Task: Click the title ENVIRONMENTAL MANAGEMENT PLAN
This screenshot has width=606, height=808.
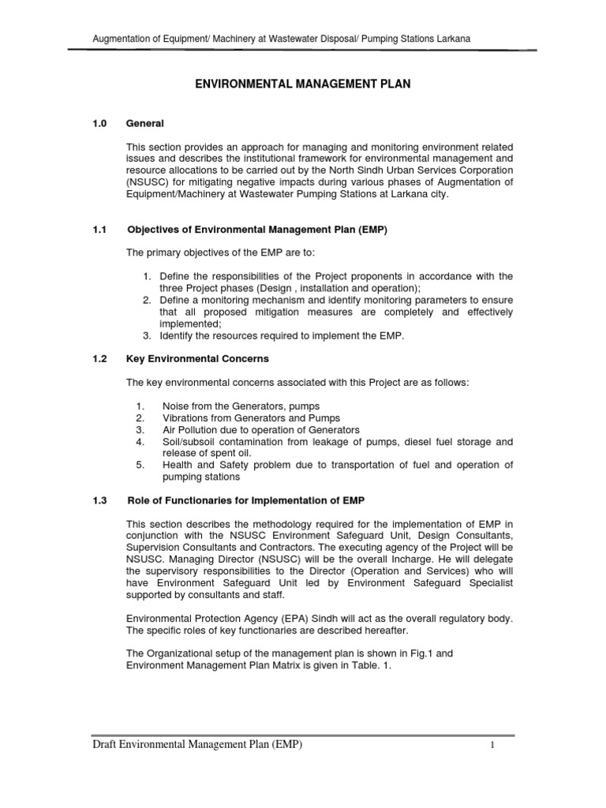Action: (x=302, y=84)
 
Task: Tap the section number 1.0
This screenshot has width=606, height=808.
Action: (x=99, y=124)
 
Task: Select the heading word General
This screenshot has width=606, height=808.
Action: (x=145, y=124)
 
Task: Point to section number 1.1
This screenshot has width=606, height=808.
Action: (x=99, y=230)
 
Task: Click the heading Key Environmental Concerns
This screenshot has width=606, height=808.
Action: (x=197, y=358)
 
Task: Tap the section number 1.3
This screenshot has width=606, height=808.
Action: (x=99, y=501)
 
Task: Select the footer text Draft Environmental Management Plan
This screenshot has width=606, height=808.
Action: (x=197, y=746)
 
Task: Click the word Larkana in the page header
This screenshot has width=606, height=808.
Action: (x=454, y=38)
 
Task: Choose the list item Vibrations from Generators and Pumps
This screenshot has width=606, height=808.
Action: (x=251, y=417)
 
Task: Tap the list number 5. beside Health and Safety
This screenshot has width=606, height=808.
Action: (x=140, y=465)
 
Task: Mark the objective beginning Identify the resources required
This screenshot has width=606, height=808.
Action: (x=281, y=335)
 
